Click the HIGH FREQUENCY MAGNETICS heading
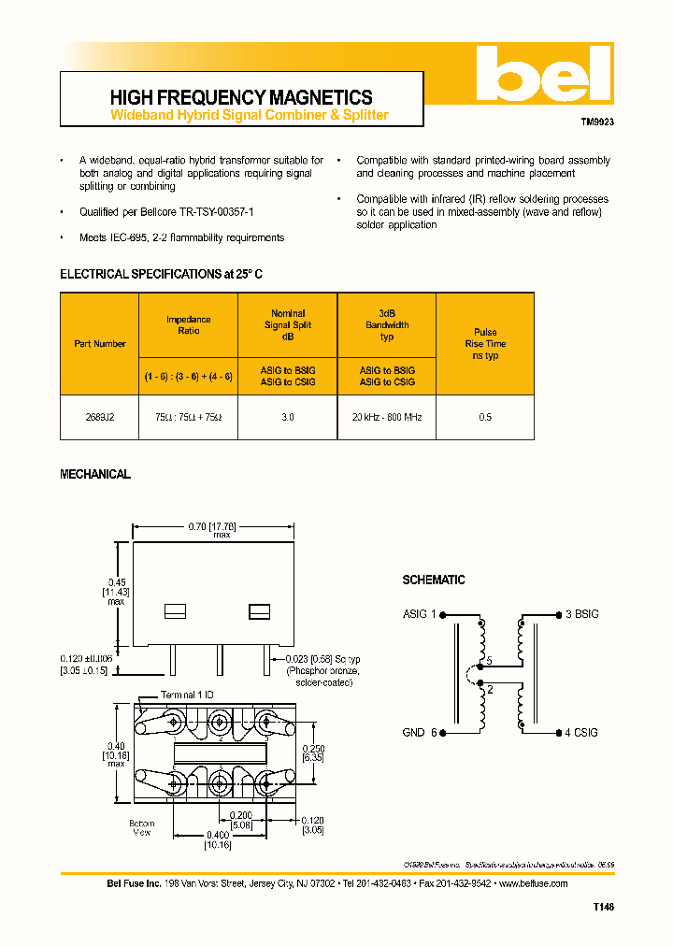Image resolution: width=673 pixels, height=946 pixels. (241, 97)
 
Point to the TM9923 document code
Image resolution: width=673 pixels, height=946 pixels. (596, 122)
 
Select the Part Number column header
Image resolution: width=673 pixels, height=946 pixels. (100, 344)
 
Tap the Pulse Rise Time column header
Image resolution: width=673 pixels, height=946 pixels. (485, 344)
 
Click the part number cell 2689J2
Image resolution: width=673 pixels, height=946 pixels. (100, 417)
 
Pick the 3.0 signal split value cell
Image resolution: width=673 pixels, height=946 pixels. (287, 417)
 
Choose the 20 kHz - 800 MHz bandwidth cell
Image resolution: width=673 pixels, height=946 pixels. (387, 417)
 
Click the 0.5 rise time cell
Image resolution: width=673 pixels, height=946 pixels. (485, 417)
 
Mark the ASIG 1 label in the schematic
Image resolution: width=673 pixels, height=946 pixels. (420, 614)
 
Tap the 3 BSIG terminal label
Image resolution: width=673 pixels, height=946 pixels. (581, 614)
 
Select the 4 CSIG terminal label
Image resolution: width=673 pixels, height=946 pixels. (581, 733)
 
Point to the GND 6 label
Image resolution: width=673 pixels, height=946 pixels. (420, 733)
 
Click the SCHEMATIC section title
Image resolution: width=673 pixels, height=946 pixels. (434, 580)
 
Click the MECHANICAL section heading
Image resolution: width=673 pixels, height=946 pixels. (95, 475)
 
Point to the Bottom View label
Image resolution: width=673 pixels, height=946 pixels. (142, 828)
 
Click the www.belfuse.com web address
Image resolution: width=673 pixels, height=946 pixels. (533, 883)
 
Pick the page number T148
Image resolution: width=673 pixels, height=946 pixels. (603, 907)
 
